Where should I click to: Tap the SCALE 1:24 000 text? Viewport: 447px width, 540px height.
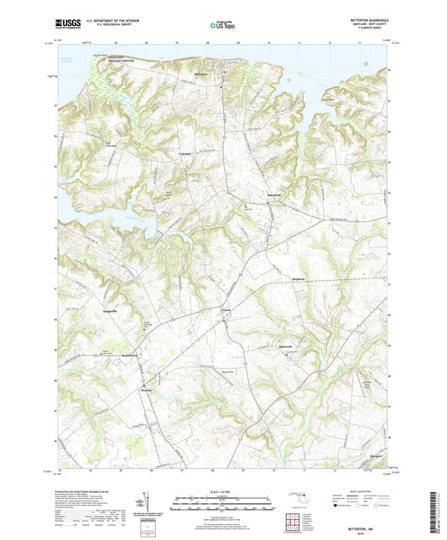tap(223, 492)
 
